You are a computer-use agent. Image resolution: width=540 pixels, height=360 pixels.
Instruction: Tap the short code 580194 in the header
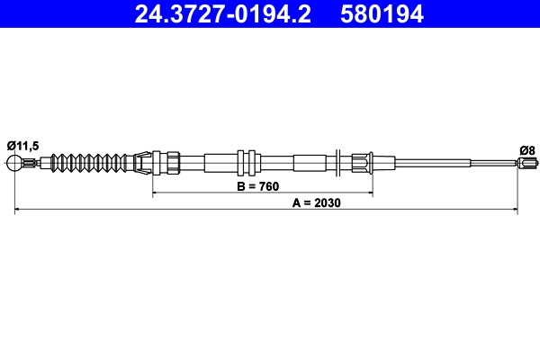coord(379,13)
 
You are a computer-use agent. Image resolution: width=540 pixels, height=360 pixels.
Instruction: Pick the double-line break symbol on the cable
coord(335,163)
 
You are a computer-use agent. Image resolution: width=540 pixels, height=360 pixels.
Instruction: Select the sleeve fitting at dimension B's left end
coord(162,163)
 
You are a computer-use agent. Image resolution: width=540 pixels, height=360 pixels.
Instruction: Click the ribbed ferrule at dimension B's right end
coord(362,163)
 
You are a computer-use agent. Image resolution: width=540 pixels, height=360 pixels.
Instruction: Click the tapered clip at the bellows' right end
coord(141,163)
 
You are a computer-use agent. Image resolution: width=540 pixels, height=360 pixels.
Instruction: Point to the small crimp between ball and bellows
coord(34,163)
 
